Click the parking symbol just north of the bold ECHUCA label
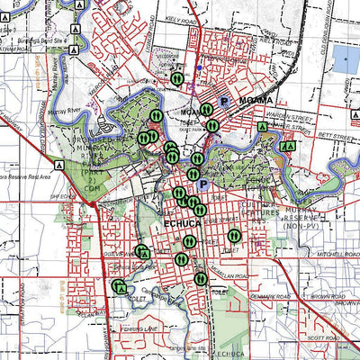[x=202, y=184]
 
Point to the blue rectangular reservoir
[x=346, y=58]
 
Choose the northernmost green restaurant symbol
[x=177, y=77]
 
